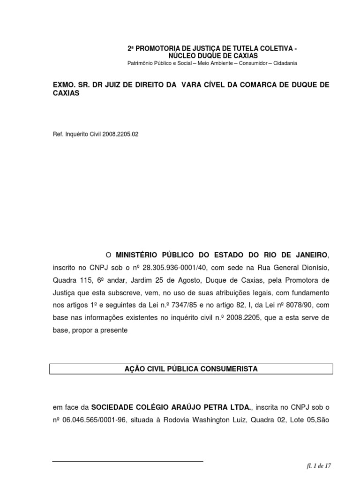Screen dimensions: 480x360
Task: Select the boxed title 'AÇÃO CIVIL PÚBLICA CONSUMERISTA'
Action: click(x=191, y=369)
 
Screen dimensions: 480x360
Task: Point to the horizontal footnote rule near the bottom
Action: click(x=127, y=461)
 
